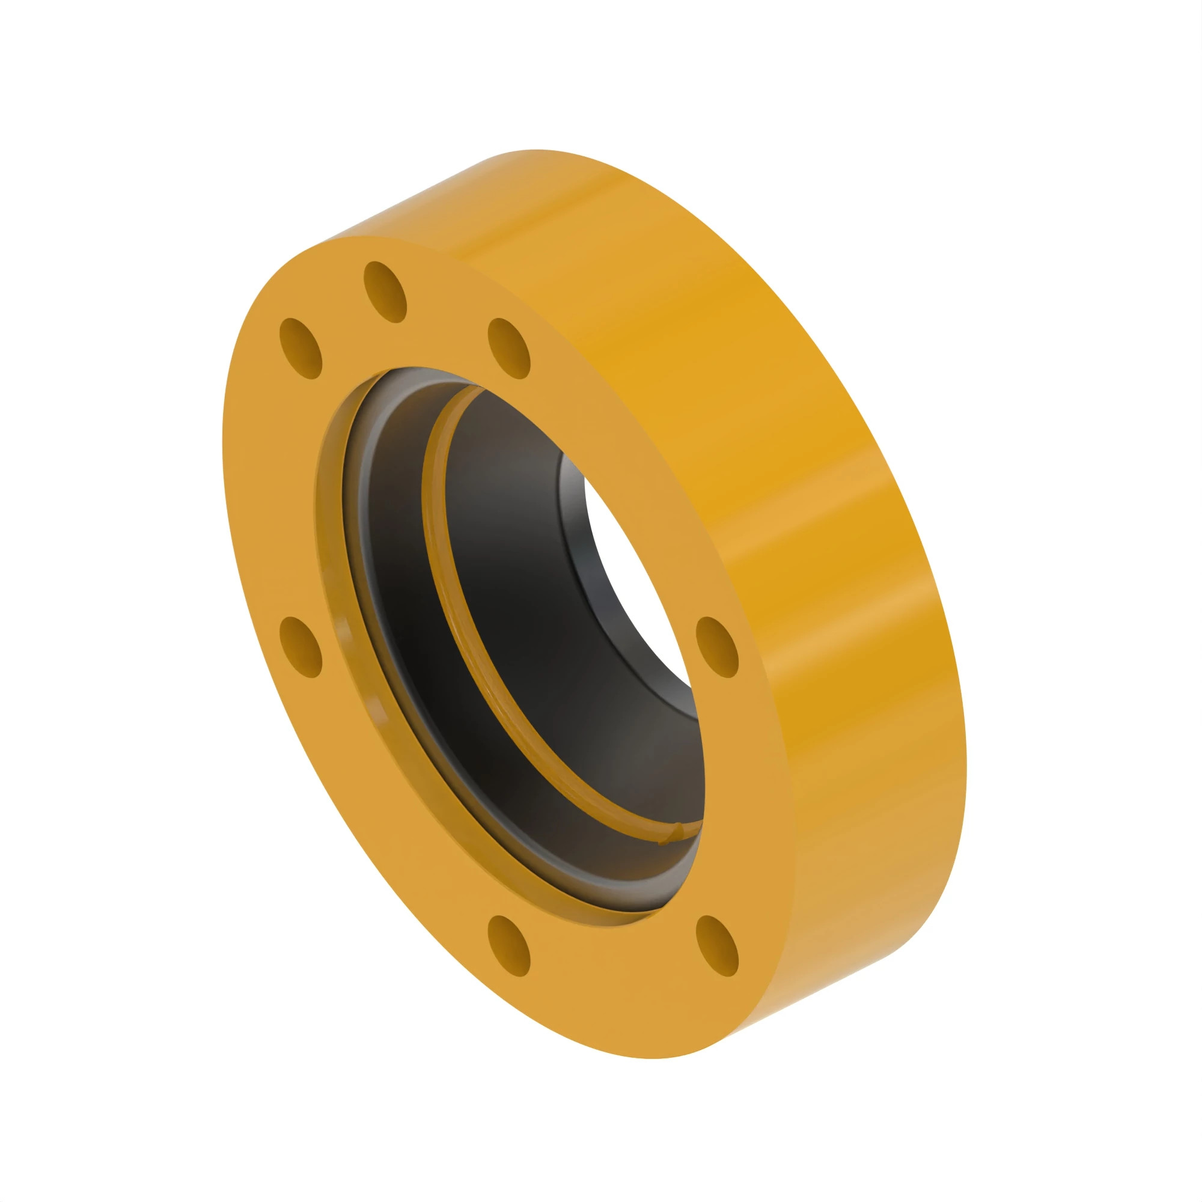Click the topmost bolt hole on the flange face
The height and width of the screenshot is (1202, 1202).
385,292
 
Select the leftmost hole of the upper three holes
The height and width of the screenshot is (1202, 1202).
301,349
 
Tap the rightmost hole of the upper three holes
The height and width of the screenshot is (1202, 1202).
509,349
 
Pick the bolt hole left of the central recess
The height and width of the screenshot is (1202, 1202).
301,647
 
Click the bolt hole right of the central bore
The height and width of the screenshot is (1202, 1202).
717,647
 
